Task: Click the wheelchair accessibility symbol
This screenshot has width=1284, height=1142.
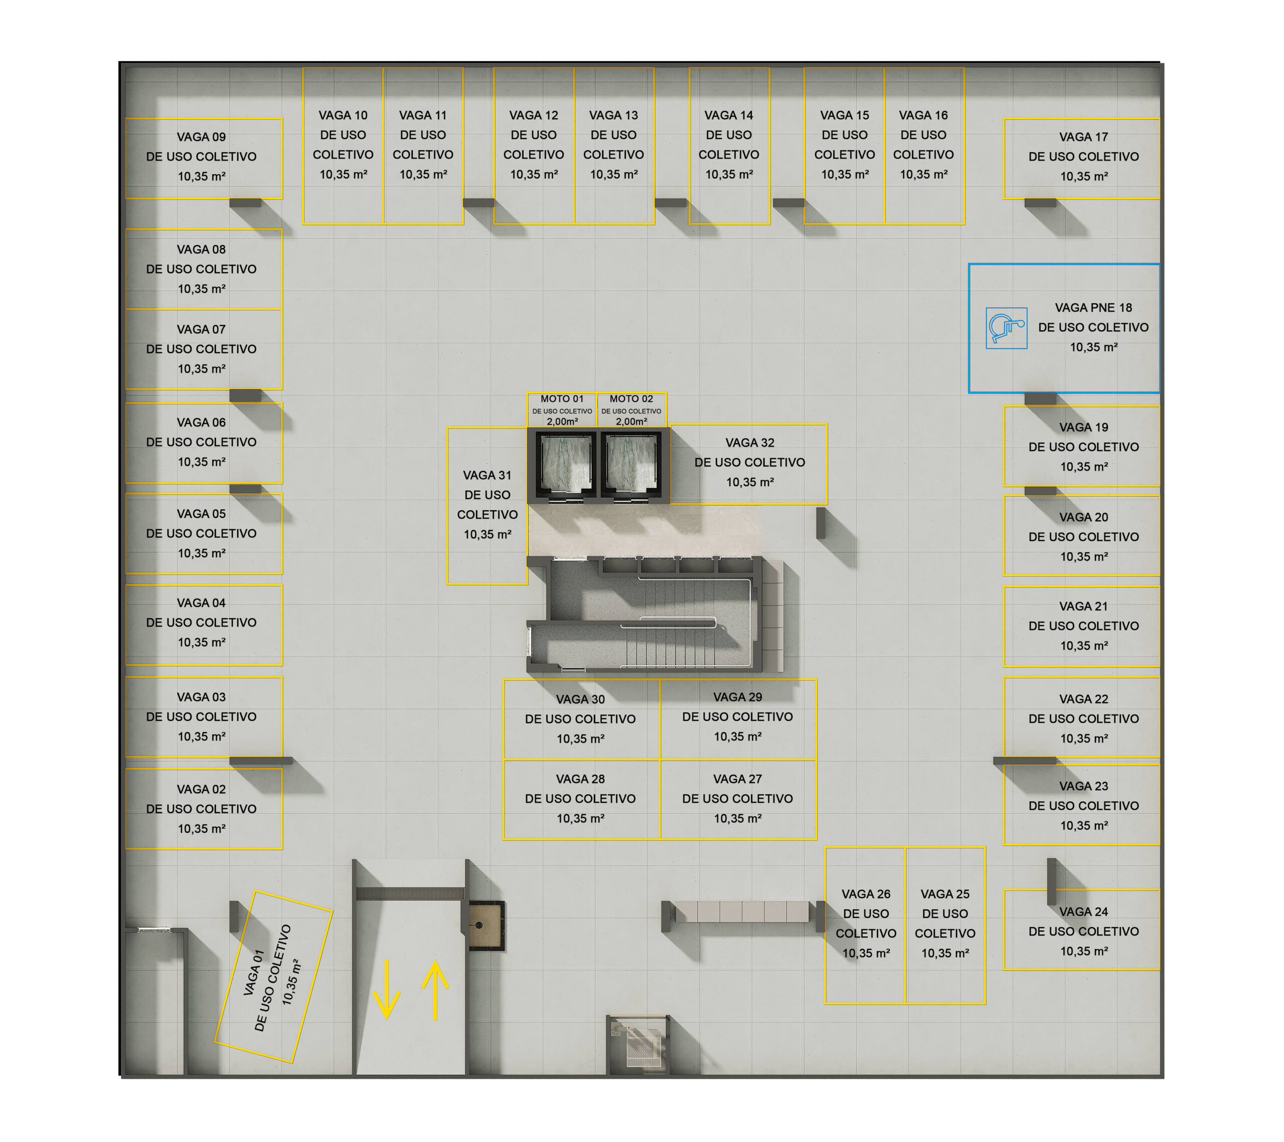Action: tap(1006, 328)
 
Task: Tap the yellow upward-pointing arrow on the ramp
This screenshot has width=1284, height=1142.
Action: tap(435, 990)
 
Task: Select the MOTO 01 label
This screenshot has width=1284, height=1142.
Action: tap(562, 398)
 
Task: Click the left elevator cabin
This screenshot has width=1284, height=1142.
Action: tap(562, 464)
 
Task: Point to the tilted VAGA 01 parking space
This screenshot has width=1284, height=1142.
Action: tap(273, 977)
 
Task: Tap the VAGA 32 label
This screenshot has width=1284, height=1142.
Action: tap(749, 443)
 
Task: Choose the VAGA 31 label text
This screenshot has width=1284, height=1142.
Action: tap(487, 475)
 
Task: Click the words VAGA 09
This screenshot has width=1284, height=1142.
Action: tap(201, 136)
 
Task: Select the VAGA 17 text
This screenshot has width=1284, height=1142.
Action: tap(1083, 136)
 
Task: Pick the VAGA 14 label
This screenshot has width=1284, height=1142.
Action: tap(728, 115)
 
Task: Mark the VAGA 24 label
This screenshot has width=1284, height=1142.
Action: tap(1083, 911)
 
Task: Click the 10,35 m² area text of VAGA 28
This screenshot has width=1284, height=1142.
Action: tap(580, 818)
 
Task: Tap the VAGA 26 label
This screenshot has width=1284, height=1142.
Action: tap(866, 894)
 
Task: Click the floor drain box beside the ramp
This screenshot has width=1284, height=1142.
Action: tap(485, 925)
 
